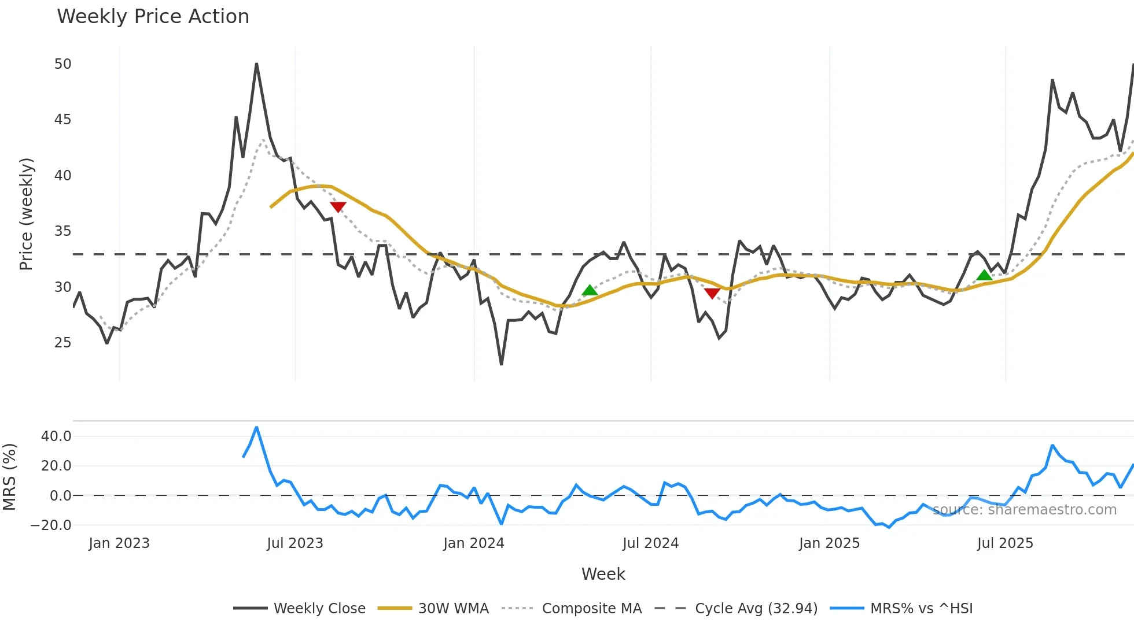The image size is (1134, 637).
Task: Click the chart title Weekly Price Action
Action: (x=153, y=17)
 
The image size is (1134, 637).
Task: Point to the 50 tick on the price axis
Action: (x=62, y=64)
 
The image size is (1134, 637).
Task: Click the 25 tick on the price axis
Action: (x=62, y=343)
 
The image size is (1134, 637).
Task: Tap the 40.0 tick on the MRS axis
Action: (x=56, y=436)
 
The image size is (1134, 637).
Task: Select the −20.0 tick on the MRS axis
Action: (x=51, y=525)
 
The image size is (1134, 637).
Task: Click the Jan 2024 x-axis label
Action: (x=474, y=543)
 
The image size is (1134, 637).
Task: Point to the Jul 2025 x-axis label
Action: (x=1005, y=543)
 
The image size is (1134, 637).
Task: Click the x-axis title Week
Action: (x=603, y=574)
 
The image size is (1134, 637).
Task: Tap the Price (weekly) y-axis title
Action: (x=26, y=214)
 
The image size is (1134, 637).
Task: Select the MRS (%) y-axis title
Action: (x=9, y=477)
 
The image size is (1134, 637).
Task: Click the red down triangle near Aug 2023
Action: (x=338, y=207)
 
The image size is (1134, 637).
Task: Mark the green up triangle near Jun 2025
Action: (x=984, y=275)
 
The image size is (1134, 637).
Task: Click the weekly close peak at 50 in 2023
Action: (x=256, y=64)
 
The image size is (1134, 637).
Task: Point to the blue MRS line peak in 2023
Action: (x=256, y=428)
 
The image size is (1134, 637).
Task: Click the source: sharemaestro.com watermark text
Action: (x=1024, y=510)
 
